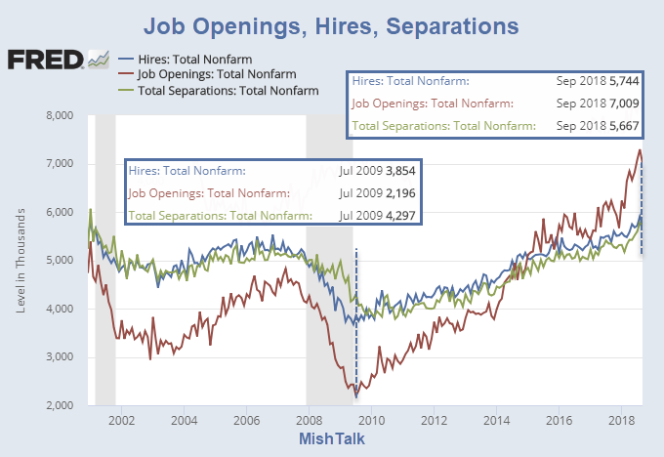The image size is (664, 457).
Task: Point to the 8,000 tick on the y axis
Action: point(60,116)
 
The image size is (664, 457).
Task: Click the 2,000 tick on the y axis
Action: point(60,405)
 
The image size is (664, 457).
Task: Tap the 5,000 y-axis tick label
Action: point(60,261)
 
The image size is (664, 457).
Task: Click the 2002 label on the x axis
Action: point(121,421)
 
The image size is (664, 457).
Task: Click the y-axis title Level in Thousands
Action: point(22,261)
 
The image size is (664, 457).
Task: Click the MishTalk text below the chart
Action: point(332,441)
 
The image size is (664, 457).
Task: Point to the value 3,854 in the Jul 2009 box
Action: point(398,171)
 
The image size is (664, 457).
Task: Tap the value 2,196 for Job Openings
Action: point(398,192)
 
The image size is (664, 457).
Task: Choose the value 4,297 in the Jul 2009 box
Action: point(398,215)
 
